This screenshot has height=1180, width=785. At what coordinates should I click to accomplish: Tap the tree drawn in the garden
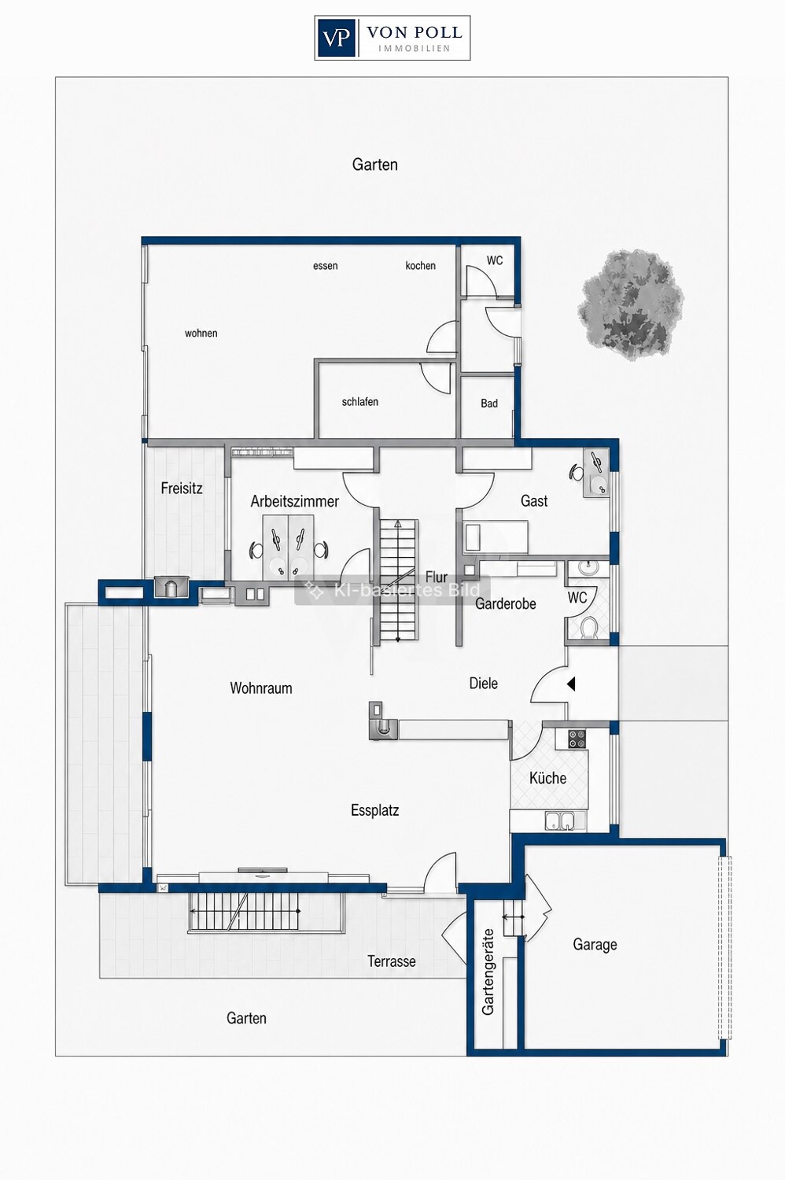pyautogui.click(x=631, y=304)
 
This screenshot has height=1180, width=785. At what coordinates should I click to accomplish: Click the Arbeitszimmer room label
pyautogui.click(x=294, y=502)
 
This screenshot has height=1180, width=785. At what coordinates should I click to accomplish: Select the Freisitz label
pyautogui.click(x=182, y=489)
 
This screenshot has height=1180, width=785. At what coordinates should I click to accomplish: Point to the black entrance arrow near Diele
pyautogui.click(x=570, y=684)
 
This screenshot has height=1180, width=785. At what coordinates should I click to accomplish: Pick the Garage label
pyautogui.click(x=595, y=945)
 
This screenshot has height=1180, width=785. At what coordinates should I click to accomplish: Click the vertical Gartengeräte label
pyautogui.click(x=488, y=972)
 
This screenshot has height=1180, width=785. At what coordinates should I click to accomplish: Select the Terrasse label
pyautogui.click(x=392, y=961)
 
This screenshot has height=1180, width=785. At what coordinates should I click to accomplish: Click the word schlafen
pyautogui.click(x=359, y=402)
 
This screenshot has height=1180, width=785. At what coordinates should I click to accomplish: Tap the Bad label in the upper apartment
pyautogui.click(x=489, y=404)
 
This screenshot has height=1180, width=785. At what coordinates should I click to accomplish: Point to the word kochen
pyautogui.click(x=420, y=266)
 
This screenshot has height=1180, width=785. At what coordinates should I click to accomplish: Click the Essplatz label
pyautogui.click(x=374, y=810)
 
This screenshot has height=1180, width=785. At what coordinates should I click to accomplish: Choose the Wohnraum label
pyautogui.click(x=261, y=688)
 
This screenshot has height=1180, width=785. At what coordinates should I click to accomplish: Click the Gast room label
pyautogui.click(x=534, y=500)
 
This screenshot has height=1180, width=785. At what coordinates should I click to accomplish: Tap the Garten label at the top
pyautogui.click(x=374, y=164)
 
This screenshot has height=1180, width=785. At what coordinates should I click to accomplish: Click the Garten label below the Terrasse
pyautogui.click(x=246, y=1018)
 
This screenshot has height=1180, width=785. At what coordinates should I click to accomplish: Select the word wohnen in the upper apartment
pyautogui.click(x=201, y=333)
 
